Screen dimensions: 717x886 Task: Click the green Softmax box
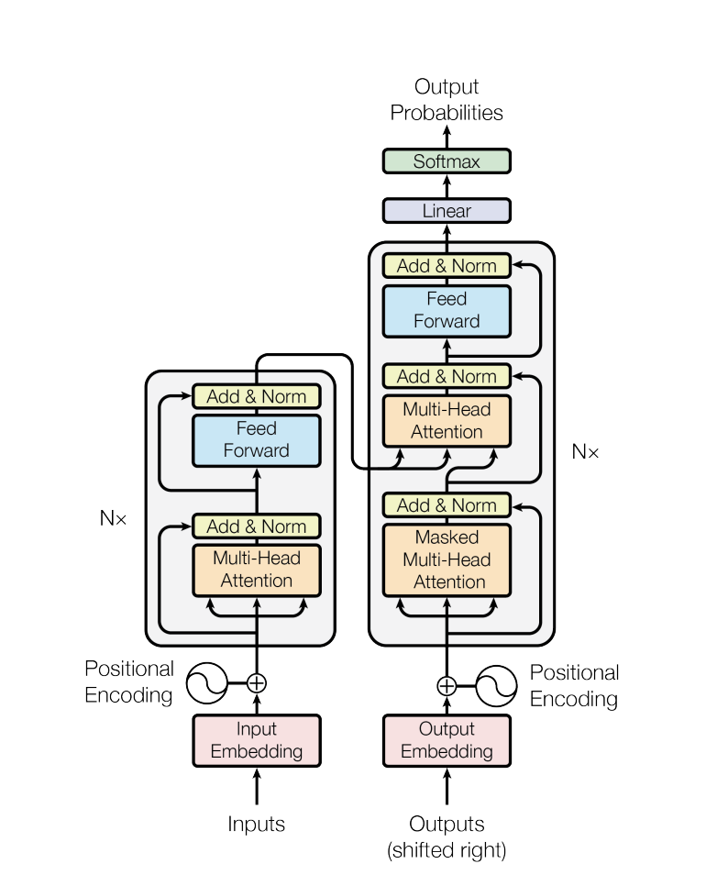447,161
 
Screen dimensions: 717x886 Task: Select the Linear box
447,211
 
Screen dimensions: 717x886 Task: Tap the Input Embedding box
257,741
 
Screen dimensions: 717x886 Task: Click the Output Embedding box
447,741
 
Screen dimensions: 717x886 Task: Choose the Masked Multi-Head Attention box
447,560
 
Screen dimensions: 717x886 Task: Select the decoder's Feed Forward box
447,311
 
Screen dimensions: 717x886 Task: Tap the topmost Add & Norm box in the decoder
447,266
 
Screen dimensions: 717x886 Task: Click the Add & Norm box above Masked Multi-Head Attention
447,505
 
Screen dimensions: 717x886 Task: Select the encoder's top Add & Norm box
257,396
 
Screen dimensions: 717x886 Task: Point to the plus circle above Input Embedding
257,683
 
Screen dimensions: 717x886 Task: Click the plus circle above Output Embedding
447,686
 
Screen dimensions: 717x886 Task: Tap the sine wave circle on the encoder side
207,683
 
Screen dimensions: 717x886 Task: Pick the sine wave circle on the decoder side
496,686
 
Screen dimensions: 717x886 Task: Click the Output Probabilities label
447,99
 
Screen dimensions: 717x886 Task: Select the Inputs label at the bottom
256,825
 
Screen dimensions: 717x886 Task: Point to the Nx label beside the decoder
585,451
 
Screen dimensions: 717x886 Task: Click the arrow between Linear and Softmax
447,186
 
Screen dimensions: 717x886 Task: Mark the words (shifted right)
447,850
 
